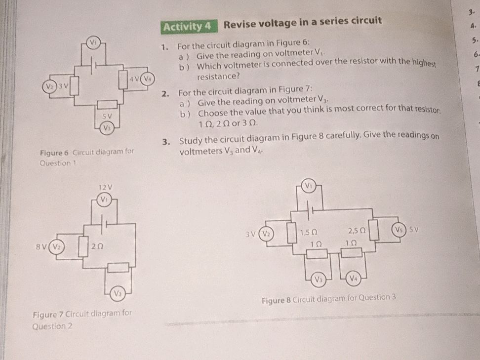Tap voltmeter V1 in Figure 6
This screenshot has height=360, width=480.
92,43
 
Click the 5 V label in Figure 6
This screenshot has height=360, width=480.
105,116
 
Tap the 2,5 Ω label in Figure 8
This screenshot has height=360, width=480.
356,231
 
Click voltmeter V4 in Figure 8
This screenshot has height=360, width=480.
353,279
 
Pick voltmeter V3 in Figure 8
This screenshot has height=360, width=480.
318,279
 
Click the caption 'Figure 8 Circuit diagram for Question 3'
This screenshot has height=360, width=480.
328,300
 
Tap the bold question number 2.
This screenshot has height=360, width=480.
168,92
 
